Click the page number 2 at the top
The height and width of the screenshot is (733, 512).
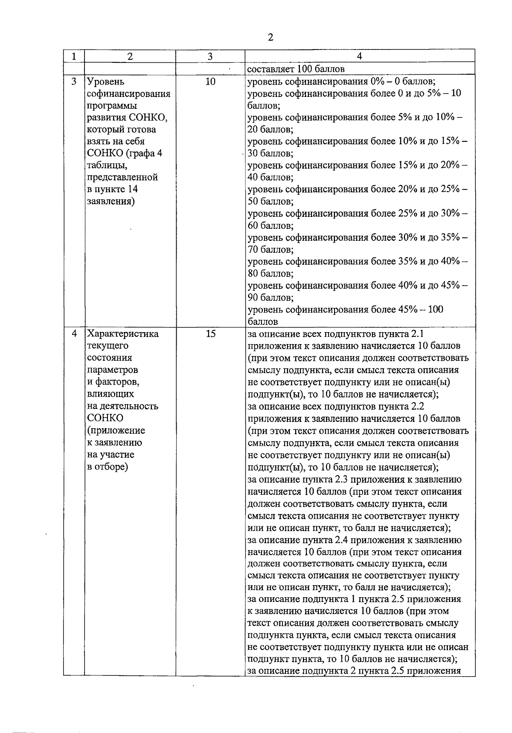tap(270, 38)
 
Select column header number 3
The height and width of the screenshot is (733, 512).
tap(210, 56)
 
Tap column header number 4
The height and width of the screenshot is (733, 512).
tap(359, 56)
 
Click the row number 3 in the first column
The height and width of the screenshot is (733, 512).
tap(74, 81)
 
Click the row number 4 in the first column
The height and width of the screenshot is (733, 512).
tap(74, 334)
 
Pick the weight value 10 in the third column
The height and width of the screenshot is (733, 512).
tap(210, 81)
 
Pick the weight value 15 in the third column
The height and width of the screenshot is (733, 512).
tap(210, 334)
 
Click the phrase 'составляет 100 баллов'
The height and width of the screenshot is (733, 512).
tap(296, 69)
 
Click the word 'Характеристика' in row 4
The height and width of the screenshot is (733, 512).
tap(123, 334)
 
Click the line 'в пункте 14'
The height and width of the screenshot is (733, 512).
tap(112, 189)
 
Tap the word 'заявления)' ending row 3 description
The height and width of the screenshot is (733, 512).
tap(111, 201)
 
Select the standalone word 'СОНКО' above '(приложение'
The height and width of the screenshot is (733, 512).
tap(105, 418)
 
